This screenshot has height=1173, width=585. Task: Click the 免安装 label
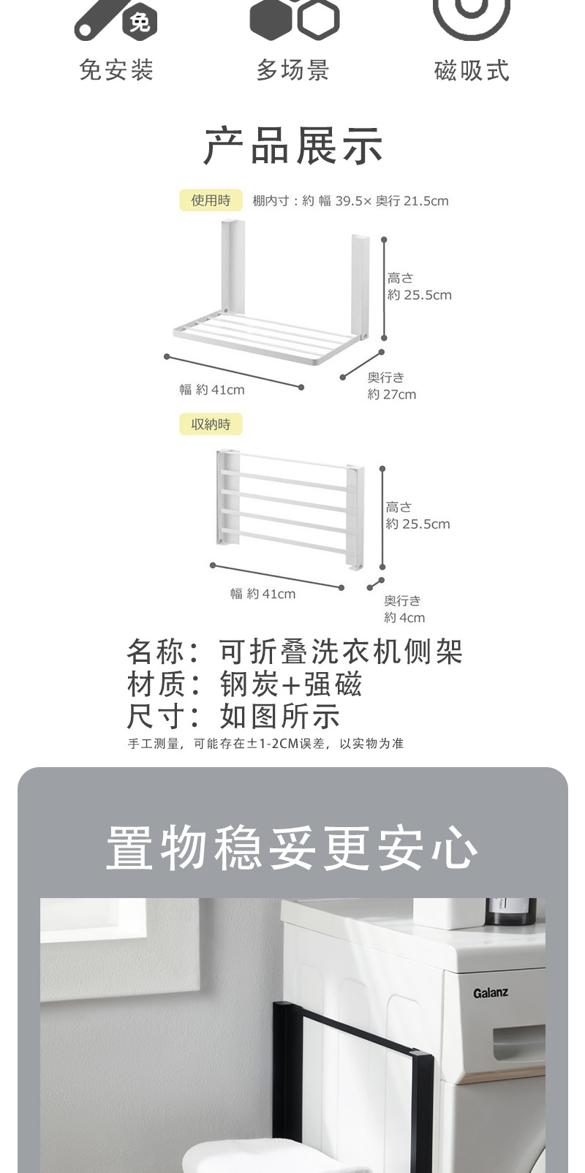click(116, 70)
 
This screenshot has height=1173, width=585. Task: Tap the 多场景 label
click(293, 70)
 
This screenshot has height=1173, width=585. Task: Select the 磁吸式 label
click(472, 71)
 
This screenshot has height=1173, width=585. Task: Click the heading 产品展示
click(293, 146)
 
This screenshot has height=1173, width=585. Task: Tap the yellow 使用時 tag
click(211, 200)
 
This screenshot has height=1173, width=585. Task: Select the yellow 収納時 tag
click(211, 424)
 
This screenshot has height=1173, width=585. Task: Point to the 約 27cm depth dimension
click(392, 395)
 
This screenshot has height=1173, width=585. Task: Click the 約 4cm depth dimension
click(405, 618)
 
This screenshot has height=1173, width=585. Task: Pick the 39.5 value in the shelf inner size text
click(349, 201)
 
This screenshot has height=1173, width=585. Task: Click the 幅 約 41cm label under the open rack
click(212, 390)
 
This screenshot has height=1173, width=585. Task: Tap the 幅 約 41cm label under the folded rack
click(263, 594)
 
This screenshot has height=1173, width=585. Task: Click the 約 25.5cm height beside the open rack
click(420, 295)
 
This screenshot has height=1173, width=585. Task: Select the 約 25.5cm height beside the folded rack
click(418, 524)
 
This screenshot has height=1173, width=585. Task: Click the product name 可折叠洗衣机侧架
click(341, 651)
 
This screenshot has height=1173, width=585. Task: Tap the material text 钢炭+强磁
click(291, 684)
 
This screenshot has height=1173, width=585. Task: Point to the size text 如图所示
click(279, 717)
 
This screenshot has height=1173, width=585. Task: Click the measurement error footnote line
click(265, 744)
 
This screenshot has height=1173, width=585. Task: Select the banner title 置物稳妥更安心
click(292, 848)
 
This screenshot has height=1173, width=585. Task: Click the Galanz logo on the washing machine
click(490, 993)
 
